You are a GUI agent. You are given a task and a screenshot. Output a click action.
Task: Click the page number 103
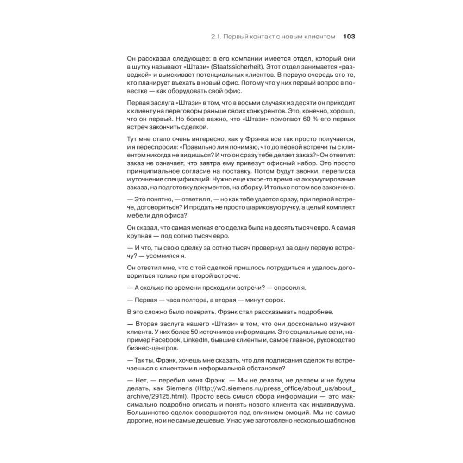[349, 37]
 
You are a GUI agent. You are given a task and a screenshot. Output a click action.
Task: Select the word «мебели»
[138, 216]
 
